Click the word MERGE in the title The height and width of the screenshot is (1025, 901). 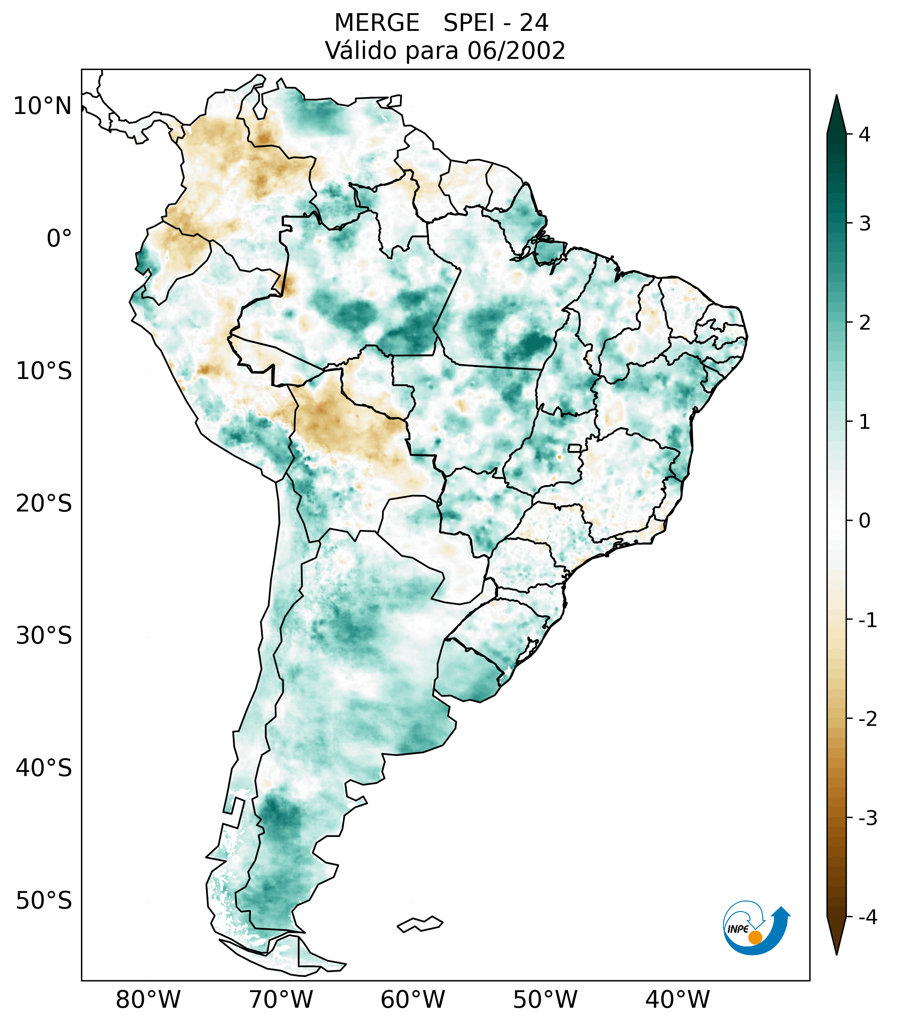tap(376, 23)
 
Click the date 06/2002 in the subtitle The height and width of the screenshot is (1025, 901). tap(516, 51)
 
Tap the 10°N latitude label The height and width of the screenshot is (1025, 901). tap(43, 106)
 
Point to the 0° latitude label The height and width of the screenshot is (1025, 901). tap(59, 239)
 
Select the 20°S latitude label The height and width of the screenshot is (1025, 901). tap(44, 504)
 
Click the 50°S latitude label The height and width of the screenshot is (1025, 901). tap(44, 901)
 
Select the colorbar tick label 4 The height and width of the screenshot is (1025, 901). tap(864, 135)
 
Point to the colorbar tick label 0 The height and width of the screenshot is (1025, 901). tap(864, 521)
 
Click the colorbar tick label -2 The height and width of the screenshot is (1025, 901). tap(867, 719)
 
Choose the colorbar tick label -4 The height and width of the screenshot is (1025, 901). tap(867, 918)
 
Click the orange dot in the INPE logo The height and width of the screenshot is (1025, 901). tap(755, 937)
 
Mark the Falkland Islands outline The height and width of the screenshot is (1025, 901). tap(420, 924)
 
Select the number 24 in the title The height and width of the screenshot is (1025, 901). tap(534, 23)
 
